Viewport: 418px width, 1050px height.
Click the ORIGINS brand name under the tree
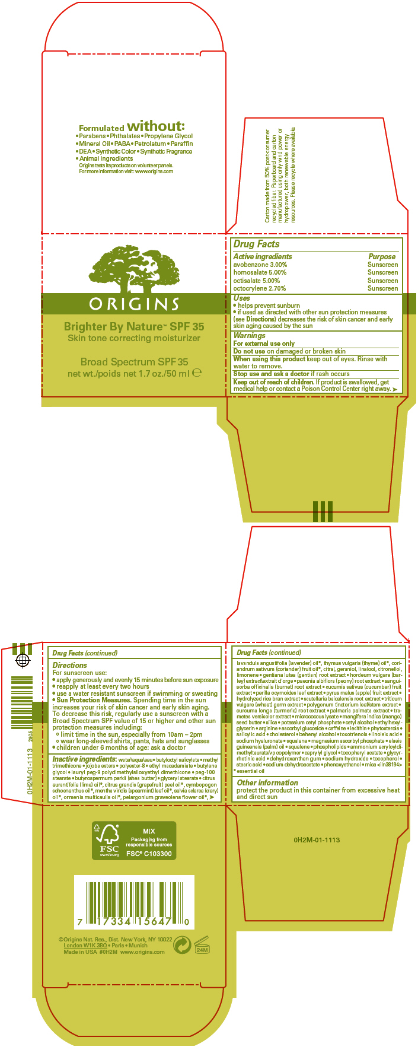134,304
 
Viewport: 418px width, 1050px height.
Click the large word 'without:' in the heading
156,126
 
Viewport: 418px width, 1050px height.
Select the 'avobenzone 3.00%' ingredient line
260,265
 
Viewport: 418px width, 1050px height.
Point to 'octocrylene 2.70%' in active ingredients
259,288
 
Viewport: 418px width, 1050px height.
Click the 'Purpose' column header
382,257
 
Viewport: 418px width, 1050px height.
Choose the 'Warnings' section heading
249,335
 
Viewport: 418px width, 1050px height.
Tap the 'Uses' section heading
241,298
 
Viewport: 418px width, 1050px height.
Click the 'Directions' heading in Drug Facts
69,666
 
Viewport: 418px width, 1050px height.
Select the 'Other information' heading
267,782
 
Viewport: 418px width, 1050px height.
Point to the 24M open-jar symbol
202,945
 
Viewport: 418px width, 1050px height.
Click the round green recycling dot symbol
182,944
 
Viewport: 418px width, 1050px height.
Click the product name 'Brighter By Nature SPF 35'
134,327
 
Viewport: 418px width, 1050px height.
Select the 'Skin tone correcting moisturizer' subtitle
134,338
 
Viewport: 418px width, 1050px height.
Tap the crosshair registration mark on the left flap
22,660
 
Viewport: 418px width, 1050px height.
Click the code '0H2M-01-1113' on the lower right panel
317,840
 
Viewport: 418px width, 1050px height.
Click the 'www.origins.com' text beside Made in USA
142,952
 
